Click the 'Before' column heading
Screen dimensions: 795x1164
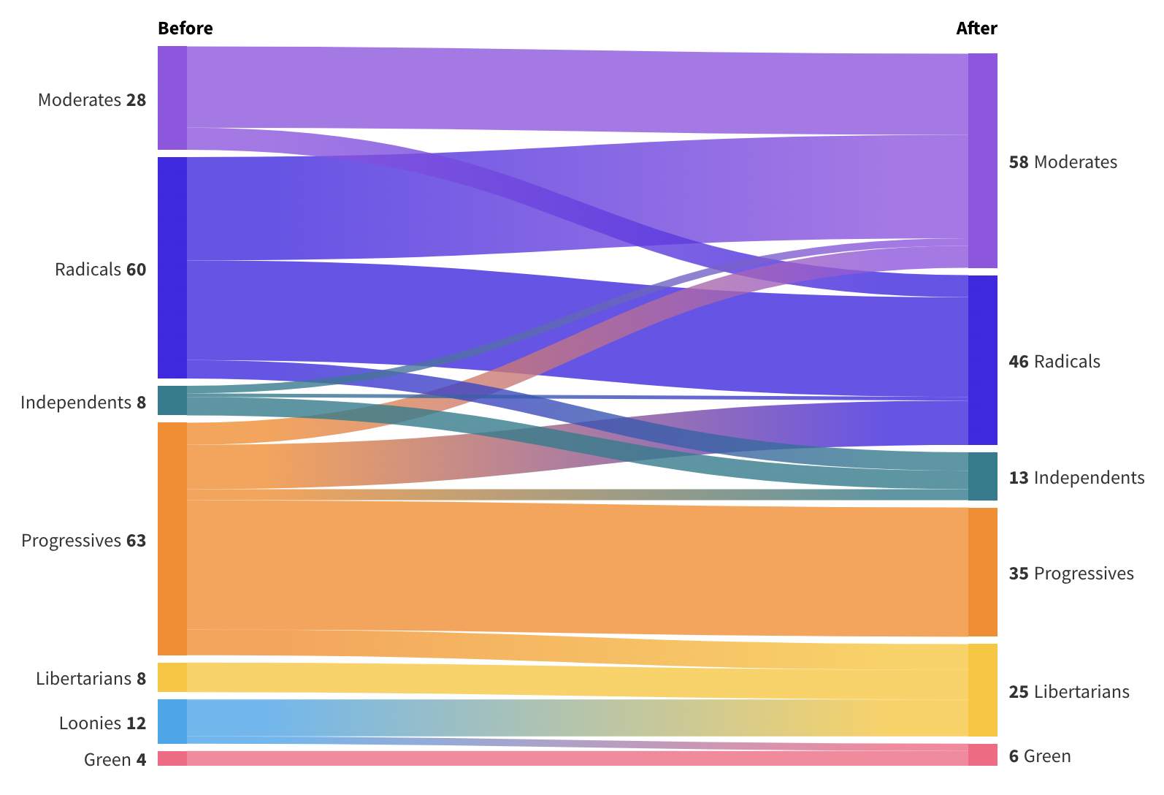(x=185, y=28)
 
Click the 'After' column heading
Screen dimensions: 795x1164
(x=976, y=28)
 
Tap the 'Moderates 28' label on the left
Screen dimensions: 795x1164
(x=92, y=100)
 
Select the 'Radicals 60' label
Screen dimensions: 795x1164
(x=100, y=270)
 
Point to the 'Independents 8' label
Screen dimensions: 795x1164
(x=83, y=403)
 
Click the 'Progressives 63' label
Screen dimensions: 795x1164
(x=83, y=541)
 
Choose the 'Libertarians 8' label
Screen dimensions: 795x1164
(x=91, y=679)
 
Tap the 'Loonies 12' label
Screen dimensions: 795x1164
(x=102, y=723)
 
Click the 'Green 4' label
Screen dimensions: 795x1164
(x=115, y=760)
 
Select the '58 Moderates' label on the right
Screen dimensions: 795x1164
(x=1062, y=162)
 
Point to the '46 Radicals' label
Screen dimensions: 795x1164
(x=1054, y=362)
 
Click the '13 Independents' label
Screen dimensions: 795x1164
(x=1076, y=478)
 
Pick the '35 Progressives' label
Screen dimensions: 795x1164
(x=1071, y=574)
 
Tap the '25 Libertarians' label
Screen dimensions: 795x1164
(x=1069, y=692)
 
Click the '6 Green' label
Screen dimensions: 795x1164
(x=1040, y=756)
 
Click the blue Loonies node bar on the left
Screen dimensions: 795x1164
(x=172, y=721)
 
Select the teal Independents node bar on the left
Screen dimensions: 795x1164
(x=172, y=400)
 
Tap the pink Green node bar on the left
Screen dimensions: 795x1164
(x=172, y=758)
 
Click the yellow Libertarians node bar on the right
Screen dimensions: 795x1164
(x=982, y=690)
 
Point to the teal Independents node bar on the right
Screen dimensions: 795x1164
(x=982, y=476)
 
